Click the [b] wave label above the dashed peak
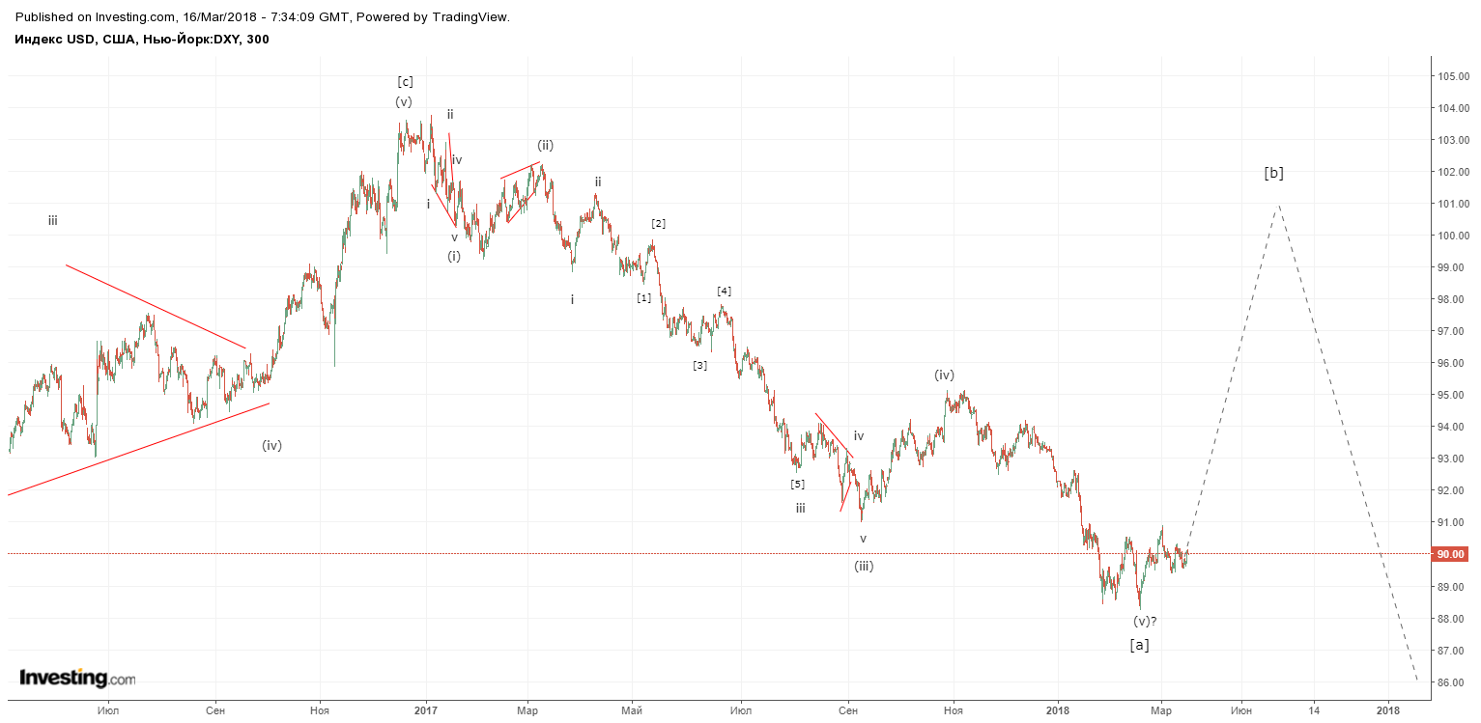1273,173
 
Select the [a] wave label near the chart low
1139,645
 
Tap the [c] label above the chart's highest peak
406,82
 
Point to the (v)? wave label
1145,622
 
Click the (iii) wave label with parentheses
864,567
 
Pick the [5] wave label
797,485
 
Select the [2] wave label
658,223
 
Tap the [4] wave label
724,291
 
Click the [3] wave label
700,366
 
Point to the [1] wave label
644,298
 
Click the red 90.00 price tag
1450,554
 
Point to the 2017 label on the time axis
426,711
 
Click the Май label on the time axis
632,711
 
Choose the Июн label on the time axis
1241,711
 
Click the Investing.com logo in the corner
77,678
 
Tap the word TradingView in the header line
470,17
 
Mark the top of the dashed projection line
1279,206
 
